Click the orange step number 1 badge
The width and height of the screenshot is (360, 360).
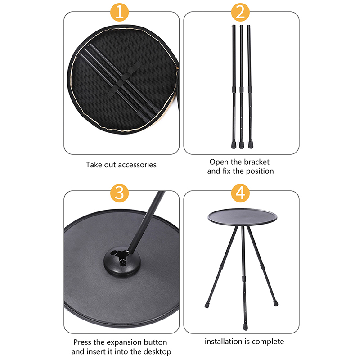click(120, 12)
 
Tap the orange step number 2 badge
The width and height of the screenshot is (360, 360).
click(240, 12)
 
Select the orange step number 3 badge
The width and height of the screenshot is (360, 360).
click(120, 193)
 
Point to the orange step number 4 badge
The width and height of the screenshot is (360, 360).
click(240, 193)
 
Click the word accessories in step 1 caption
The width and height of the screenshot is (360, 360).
click(137, 165)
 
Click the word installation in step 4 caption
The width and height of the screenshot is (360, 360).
click(224, 342)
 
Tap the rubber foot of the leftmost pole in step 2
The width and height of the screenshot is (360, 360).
click(234, 145)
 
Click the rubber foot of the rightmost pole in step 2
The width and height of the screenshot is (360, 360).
click(251, 145)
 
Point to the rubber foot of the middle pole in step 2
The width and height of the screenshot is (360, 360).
click(242, 145)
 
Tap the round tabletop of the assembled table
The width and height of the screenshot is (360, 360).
click(242, 217)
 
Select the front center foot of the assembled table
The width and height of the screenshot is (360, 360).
click(245, 327)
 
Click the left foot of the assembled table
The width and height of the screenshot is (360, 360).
click(207, 305)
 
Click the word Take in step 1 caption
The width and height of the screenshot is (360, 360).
click(94, 165)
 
